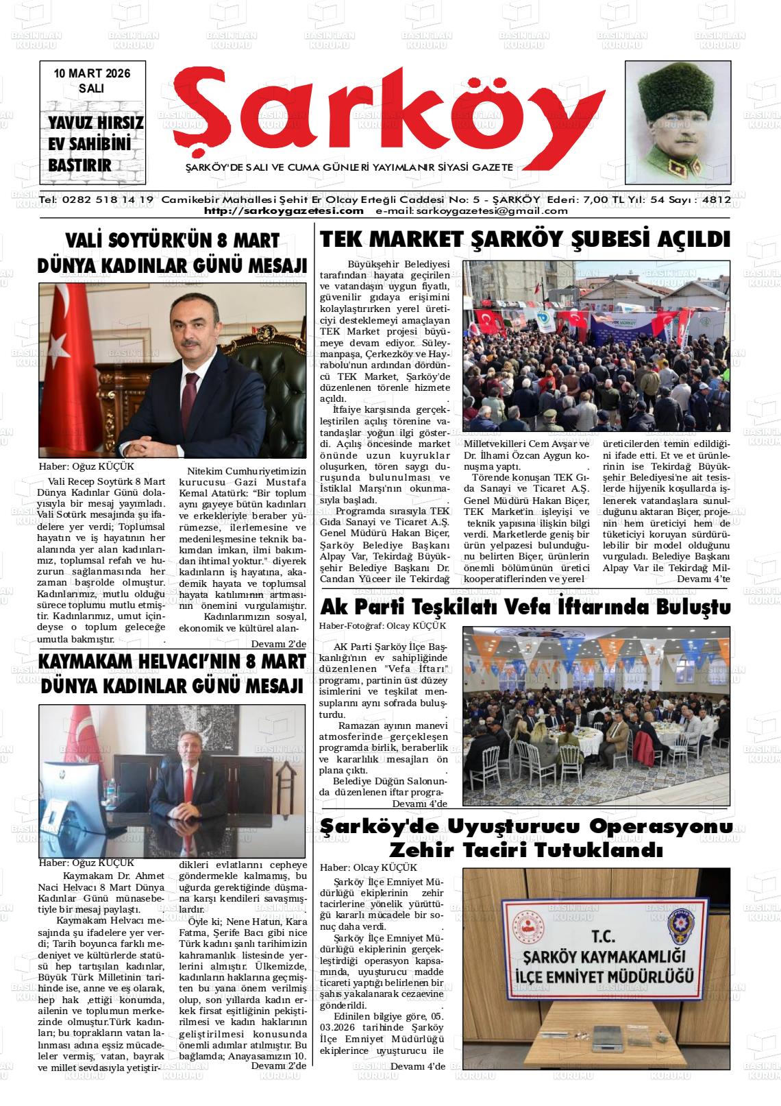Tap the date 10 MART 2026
pyautogui.click(x=91, y=73)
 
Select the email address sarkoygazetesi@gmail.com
pyautogui.click(x=471, y=211)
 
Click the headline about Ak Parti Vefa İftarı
pyautogui.click(x=525, y=607)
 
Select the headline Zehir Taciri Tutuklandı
pyautogui.click(x=525, y=851)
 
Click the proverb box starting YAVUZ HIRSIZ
pyautogui.click(x=95, y=143)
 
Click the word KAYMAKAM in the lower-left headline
pyautogui.click(x=90, y=662)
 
